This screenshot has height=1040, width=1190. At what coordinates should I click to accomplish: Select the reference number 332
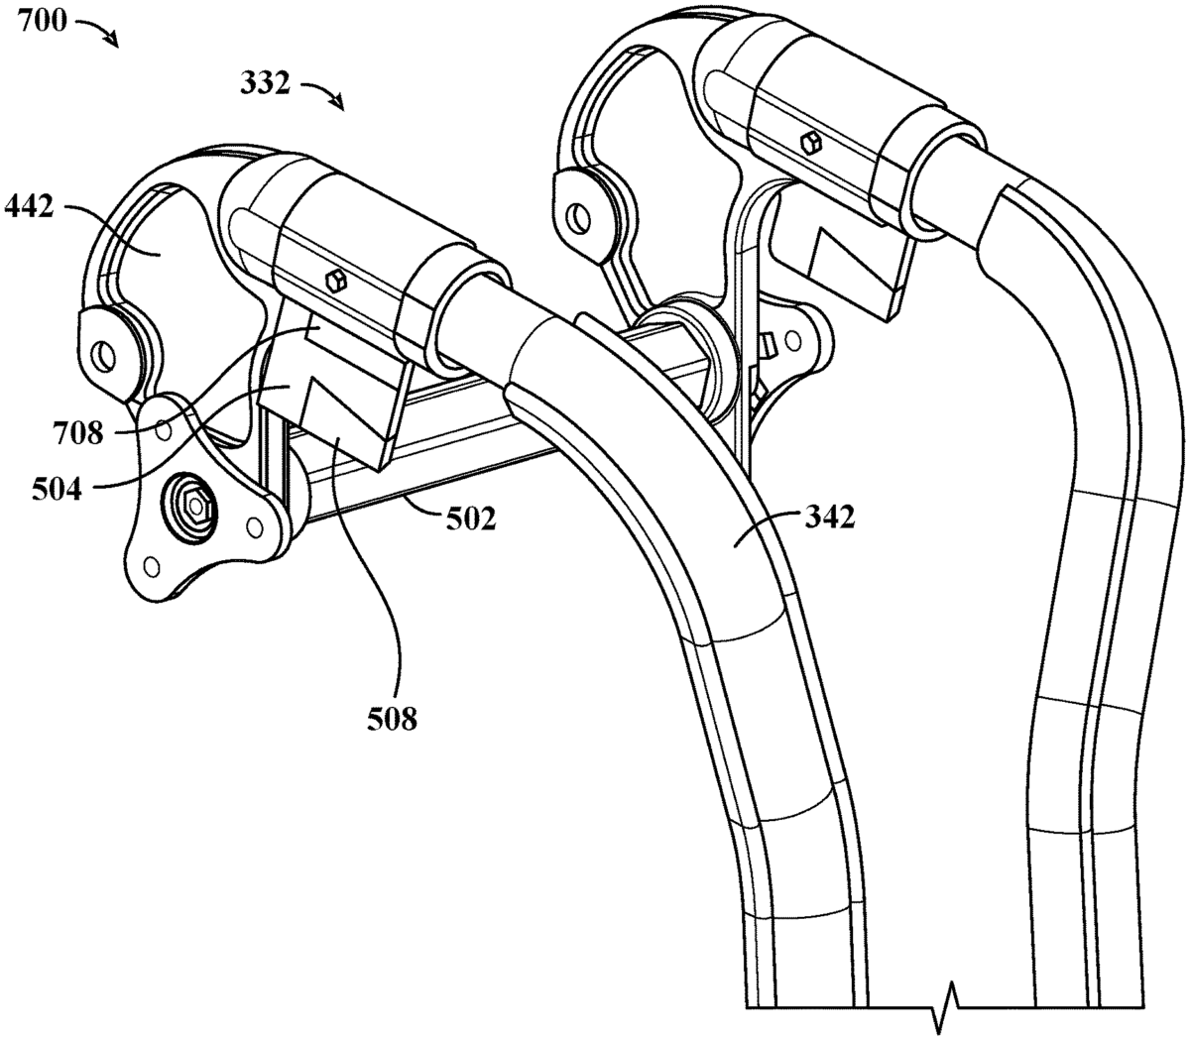click(x=265, y=85)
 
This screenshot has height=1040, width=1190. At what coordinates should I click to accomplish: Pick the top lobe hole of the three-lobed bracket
click(x=163, y=429)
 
